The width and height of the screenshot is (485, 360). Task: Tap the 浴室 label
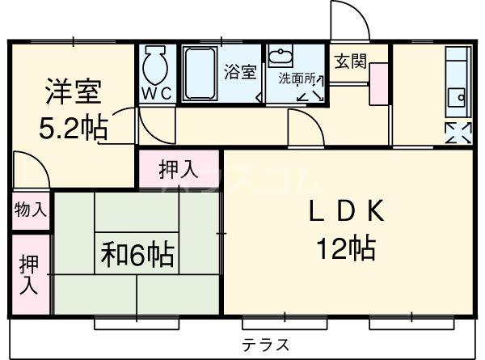(x=240, y=71)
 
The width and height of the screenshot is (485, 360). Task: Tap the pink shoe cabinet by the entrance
(x=377, y=83)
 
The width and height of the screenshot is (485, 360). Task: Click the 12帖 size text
(x=346, y=248)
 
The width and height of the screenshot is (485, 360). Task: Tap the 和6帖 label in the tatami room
(x=137, y=256)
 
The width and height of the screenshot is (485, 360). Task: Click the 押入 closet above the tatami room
(x=178, y=170)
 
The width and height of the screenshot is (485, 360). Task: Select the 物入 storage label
(x=30, y=210)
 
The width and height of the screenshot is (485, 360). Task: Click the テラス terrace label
(x=265, y=343)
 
